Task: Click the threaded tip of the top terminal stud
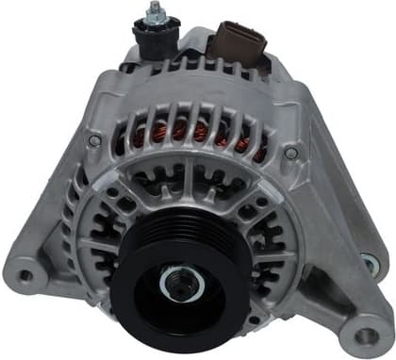(152, 8)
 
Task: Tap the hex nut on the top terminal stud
(153, 22)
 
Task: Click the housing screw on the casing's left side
(94, 140)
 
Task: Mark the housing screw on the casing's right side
(291, 152)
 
